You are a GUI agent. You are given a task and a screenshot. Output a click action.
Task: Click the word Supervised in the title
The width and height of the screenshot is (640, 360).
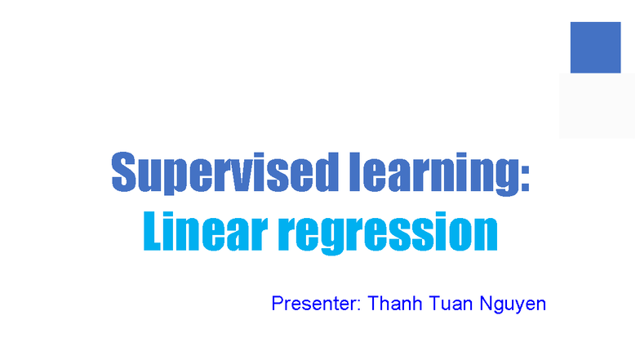coord(218,172)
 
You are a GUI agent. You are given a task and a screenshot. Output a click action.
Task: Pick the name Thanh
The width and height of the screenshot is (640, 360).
coord(394,304)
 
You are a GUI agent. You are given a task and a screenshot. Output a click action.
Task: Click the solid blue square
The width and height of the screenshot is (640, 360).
coord(595,47)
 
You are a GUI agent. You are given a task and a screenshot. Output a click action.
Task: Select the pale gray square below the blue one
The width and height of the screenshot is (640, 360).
coord(597,105)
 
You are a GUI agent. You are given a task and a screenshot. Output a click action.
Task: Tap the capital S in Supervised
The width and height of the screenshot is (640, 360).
coord(123,172)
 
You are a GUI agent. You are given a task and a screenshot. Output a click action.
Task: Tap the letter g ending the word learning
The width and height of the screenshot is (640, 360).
coord(503,178)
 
